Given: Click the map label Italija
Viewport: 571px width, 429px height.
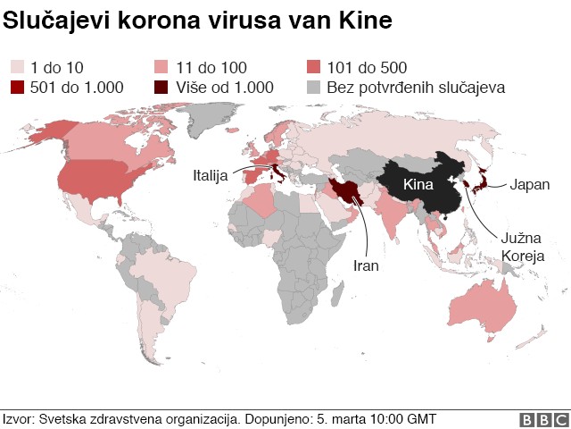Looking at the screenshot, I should pyautogui.click(x=211, y=175).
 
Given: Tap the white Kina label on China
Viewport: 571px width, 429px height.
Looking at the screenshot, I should pyautogui.click(x=418, y=185).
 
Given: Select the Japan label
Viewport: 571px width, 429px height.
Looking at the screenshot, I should pyautogui.click(x=529, y=186).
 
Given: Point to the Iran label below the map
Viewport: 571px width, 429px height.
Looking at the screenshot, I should pyautogui.click(x=367, y=265).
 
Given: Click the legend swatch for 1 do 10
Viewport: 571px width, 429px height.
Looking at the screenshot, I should pyautogui.click(x=17, y=67).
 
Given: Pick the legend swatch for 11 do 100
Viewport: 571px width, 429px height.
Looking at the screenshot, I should pyautogui.click(x=161, y=67).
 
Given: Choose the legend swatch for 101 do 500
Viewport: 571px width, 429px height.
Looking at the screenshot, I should pyautogui.click(x=314, y=67).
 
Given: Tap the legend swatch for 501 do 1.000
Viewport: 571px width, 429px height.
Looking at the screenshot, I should pyautogui.click(x=17, y=88).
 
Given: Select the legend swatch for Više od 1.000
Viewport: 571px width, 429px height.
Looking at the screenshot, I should pyautogui.click(x=161, y=88).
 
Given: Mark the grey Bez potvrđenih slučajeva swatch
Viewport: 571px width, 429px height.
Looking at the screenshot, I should pyautogui.click(x=314, y=88).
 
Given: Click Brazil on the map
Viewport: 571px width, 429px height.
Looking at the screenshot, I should pyautogui.click(x=178, y=282).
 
